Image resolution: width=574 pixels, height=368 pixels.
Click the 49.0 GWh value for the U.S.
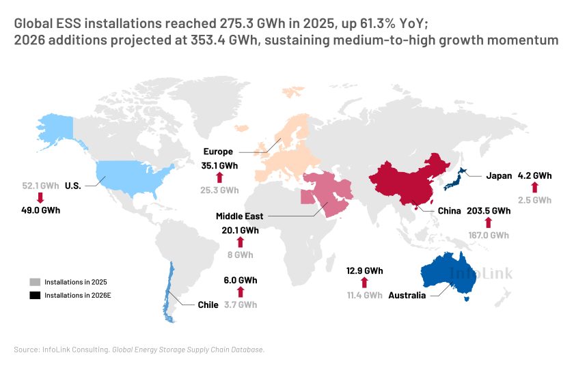point(40,210)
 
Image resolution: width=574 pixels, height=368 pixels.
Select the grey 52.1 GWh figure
point(40,186)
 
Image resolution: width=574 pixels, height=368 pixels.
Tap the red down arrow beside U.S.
point(40,198)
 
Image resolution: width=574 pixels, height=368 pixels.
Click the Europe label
point(218,152)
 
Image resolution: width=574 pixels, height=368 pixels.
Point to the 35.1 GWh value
point(219,165)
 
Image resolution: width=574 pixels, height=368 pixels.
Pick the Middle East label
point(239,216)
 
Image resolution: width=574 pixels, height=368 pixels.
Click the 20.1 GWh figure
point(240,230)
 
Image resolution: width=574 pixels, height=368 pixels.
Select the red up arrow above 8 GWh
point(240,242)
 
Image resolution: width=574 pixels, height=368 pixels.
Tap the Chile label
point(208,305)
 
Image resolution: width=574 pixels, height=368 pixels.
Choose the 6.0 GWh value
point(241,280)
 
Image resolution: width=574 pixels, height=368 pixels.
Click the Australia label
point(407,296)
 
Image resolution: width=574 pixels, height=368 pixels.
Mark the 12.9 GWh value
point(364,270)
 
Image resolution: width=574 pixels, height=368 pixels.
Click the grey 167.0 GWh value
point(488,235)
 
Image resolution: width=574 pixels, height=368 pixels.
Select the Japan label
point(499,175)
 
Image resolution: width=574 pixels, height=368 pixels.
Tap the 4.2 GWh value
point(534,175)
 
